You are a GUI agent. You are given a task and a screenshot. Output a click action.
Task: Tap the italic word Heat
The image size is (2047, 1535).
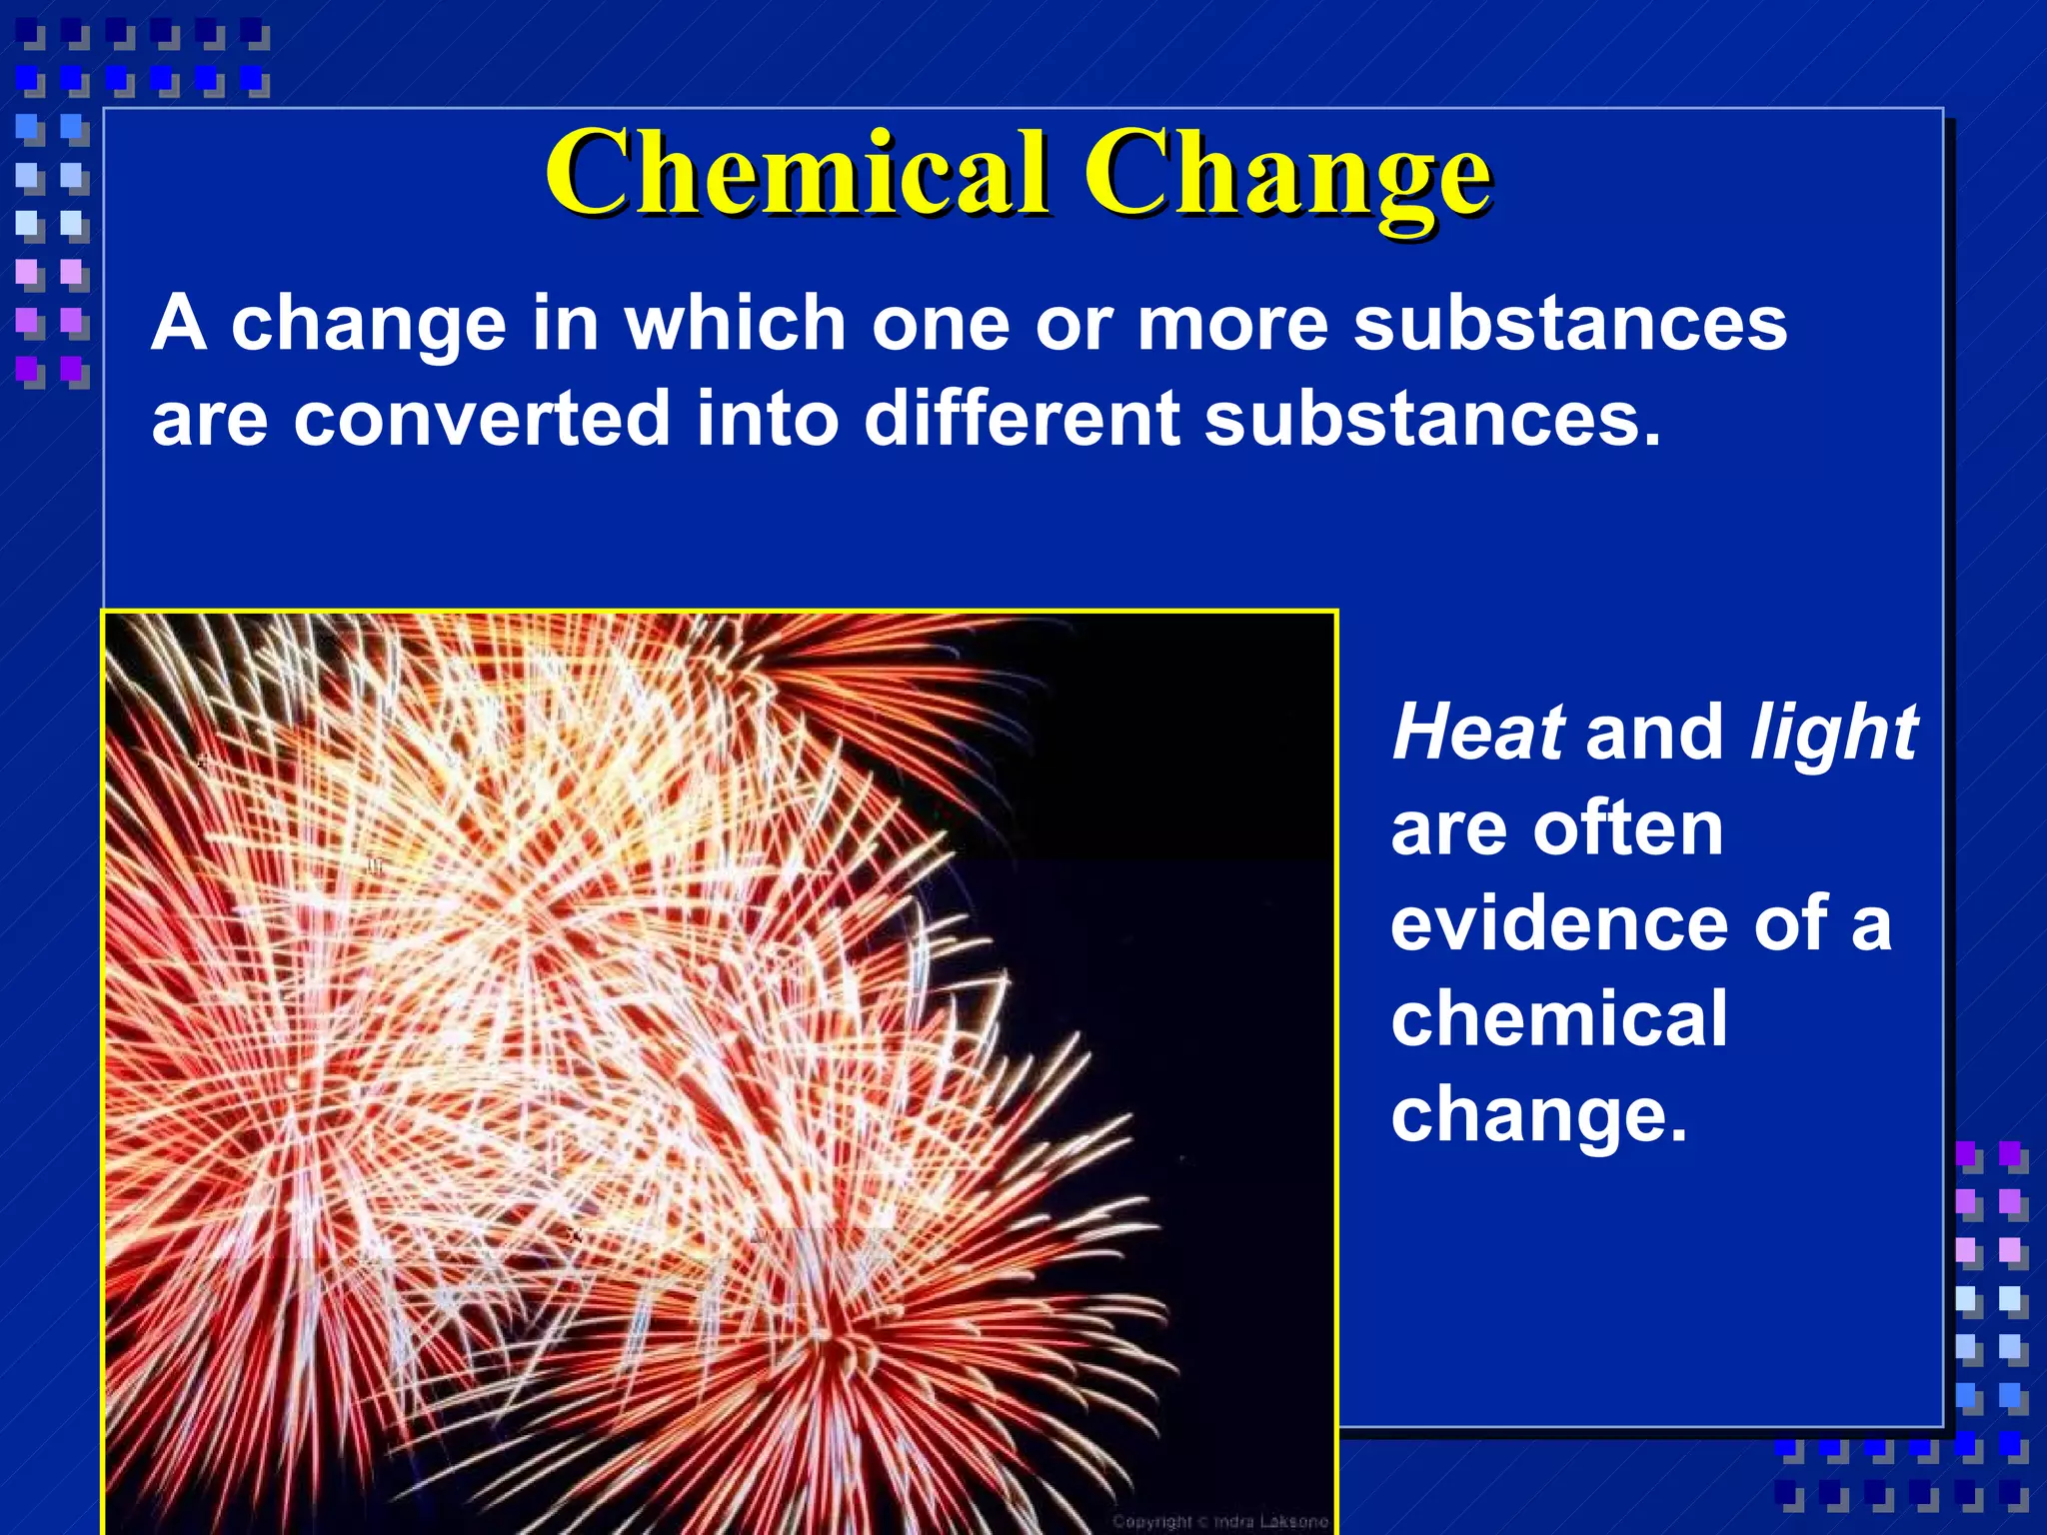[x=1477, y=732]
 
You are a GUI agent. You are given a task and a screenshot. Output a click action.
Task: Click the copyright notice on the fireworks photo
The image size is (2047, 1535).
[x=1220, y=1521]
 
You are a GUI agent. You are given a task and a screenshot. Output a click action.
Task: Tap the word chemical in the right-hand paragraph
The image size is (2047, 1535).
[x=1558, y=1018]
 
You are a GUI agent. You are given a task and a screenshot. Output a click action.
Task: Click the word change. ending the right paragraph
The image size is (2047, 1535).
[x=1538, y=1117]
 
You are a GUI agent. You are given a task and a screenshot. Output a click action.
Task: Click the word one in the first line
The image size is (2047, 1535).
[x=941, y=325]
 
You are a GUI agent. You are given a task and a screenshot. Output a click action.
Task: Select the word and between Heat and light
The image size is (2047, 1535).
[x=1654, y=732]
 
